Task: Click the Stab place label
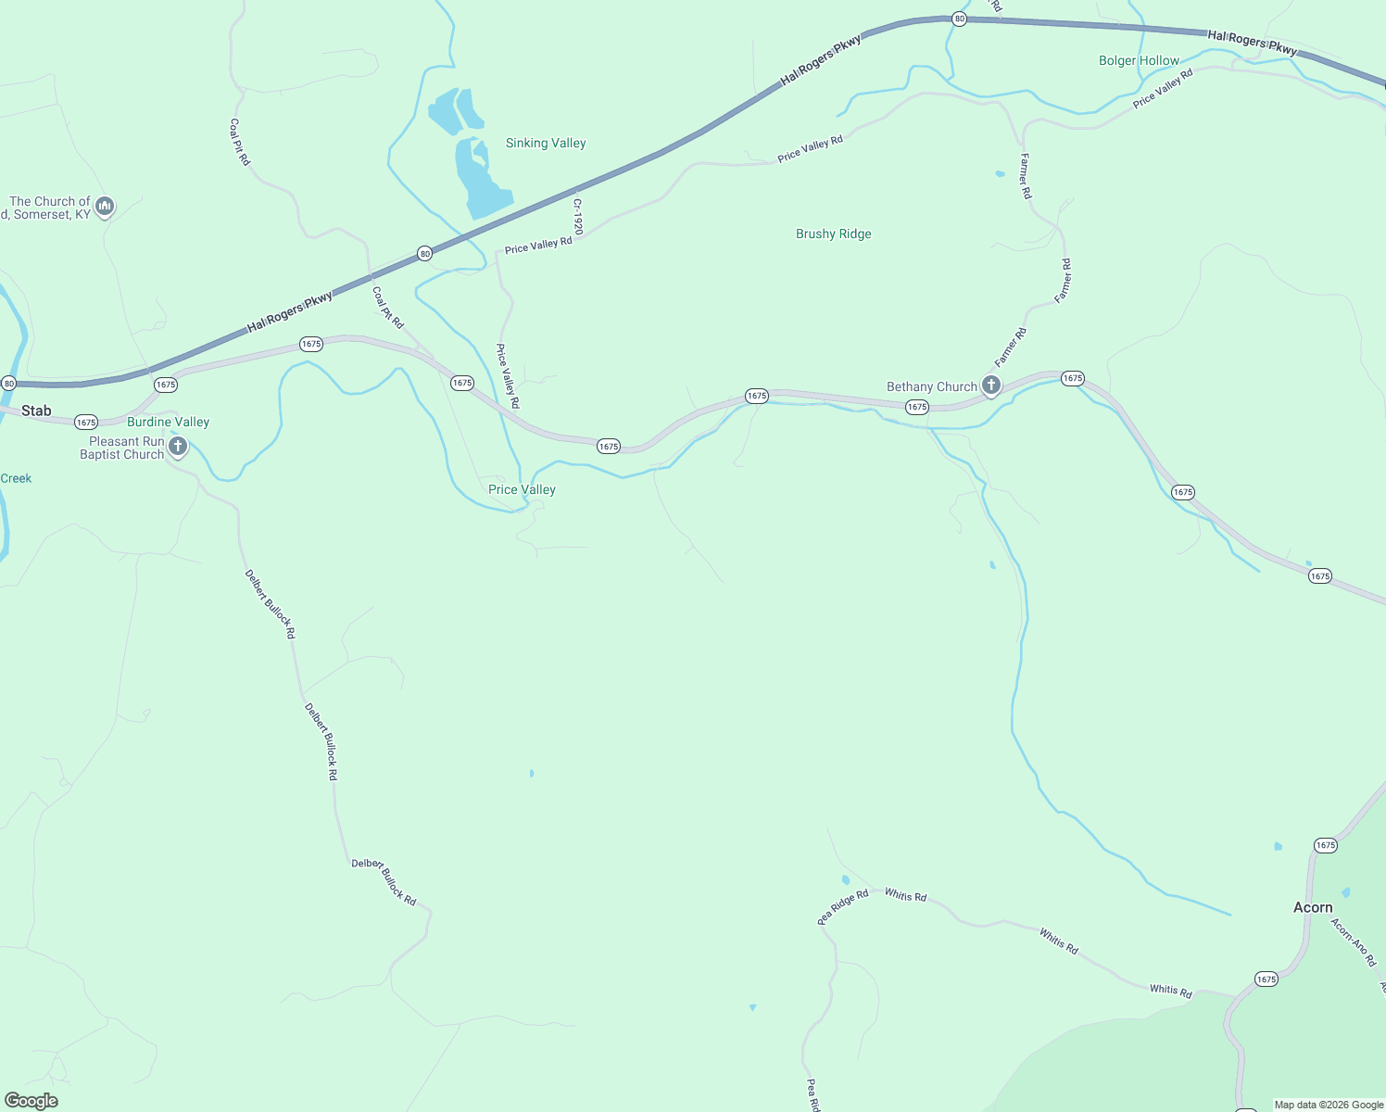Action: pyautogui.click(x=36, y=411)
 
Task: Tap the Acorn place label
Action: pyautogui.click(x=1313, y=907)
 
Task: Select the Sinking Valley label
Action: pyautogui.click(x=546, y=143)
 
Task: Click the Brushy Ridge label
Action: pyautogui.click(x=833, y=234)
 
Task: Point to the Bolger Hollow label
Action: pyautogui.click(x=1139, y=60)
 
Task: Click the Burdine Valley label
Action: pyautogui.click(x=168, y=422)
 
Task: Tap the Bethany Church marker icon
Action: pyautogui.click(x=991, y=385)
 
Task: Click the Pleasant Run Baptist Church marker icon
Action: pyautogui.click(x=178, y=447)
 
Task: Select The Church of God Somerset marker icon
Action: pyautogui.click(x=105, y=206)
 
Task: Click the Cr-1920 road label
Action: pyautogui.click(x=577, y=217)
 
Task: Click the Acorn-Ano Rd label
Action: pyautogui.click(x=1354, y=942)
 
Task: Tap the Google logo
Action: pyautogui.click(x=31, y=1100)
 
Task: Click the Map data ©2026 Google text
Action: pyautogui.click(x=1329, y=1105)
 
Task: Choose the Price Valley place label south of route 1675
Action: pyautogui.click(x=522, y=489)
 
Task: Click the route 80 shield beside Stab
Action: pyautogui.click(x=9, y=383)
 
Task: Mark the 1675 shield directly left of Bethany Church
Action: pyautogui.click(x=917, y=407)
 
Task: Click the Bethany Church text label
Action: pyautogui.click(x=931, y=386)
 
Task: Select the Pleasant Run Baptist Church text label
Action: pyautogui.click(x=121, y=448)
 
